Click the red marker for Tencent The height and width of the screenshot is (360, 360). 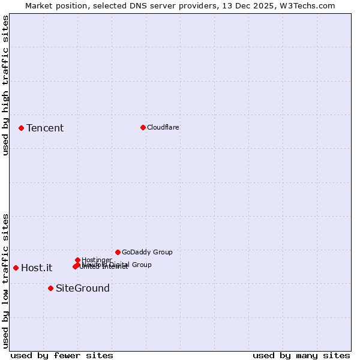21,128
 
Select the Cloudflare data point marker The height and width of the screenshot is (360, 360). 143,127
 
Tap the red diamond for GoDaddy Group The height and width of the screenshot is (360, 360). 118,252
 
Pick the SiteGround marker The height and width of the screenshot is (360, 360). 50,288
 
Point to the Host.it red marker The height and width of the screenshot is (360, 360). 16,268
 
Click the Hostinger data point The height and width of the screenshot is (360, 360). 77,260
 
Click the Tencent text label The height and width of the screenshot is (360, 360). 45,128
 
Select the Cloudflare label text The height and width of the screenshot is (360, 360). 163,127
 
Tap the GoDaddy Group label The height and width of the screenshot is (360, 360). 147,252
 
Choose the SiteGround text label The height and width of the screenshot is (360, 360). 82,289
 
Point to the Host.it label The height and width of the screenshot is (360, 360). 37,268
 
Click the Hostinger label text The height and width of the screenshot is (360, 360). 97,260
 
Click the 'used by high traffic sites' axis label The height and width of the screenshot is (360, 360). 5,85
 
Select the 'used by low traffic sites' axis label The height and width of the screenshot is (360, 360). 5,281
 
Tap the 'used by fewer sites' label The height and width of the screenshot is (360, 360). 62,355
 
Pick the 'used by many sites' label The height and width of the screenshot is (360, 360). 301,355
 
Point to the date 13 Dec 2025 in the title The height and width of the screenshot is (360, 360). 248,5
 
